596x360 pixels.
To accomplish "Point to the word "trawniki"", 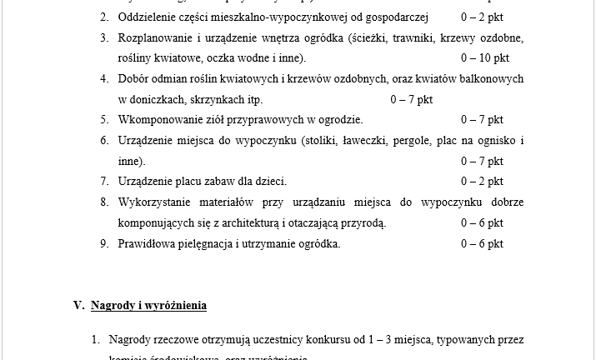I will click(x=393, y=37).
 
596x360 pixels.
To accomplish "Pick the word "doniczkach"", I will click(x=147, y=99).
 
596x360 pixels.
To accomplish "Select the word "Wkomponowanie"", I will click(x=158, y=119).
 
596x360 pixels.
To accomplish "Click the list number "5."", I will click(x=105, y=119).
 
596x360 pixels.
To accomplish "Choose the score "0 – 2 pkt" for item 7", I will click(x=481, y=181).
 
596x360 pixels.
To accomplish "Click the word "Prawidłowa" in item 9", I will click(x=148, y=243).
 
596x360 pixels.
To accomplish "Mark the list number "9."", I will click(x=105, y=243).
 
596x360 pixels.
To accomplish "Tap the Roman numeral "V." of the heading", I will click(x=79, y=305).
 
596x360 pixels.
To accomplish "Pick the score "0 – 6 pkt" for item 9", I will click(x=481, y=243).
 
